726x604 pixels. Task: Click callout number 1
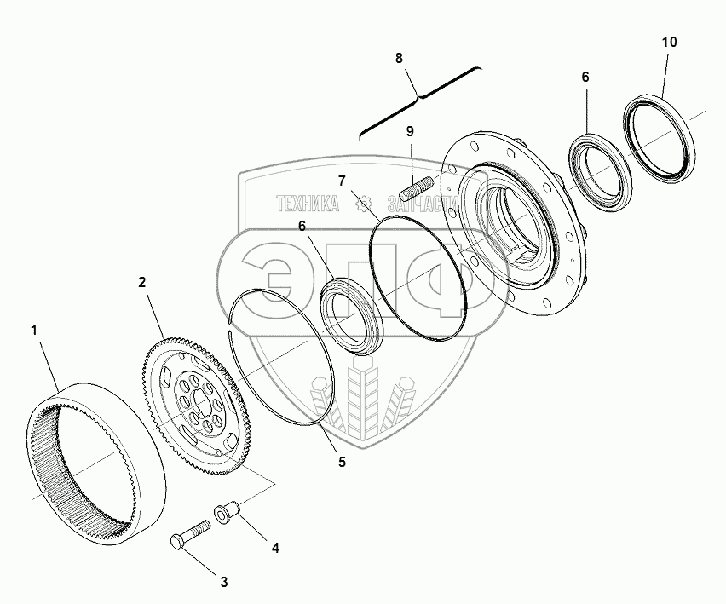tap(35, 330)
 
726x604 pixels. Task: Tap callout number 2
tap(142, 280)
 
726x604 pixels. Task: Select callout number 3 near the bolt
tap(224, 583)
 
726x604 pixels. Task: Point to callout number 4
tap(275, 548)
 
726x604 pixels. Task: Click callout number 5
tap(342, 462)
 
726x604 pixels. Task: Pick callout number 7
tap(342, 181)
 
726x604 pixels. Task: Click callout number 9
tap(410, 131)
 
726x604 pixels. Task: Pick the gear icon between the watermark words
tap(365, 204)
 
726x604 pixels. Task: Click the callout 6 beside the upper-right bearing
tap(585, 77)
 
